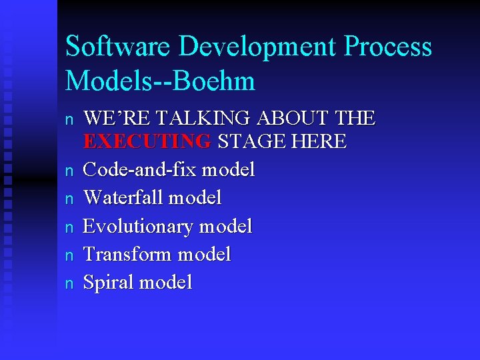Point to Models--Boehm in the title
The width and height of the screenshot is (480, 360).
pos(160,81)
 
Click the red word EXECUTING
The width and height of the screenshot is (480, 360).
pos(147,141)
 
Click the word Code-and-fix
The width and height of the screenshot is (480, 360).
pos(140,170)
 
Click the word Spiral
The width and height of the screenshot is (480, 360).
pos(107,282)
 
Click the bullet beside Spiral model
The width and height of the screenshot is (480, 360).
pos(68,283)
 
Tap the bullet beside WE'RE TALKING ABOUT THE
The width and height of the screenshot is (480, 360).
pos(68,120)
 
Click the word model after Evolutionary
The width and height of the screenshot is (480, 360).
pos(225,226)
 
